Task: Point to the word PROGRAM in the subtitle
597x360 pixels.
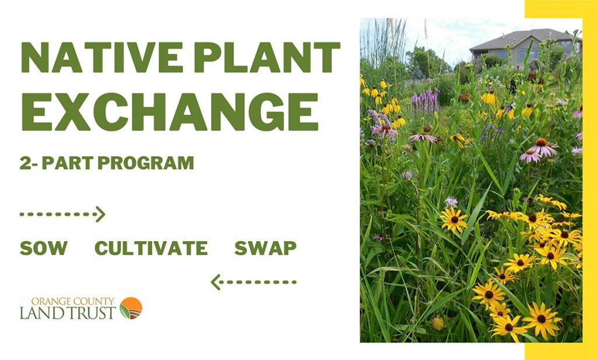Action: coord(146,163)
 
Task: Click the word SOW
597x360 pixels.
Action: coord(43,249)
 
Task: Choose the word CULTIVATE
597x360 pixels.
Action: coord(151,249)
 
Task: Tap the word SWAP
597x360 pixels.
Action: coord(265,249)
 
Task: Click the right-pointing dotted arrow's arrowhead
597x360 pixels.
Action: coord(100,214)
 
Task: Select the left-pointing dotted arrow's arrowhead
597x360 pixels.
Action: coord(216,283)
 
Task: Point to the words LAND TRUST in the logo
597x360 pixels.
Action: coord(68,313)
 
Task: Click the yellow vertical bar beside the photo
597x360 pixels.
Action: coord(589,175)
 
